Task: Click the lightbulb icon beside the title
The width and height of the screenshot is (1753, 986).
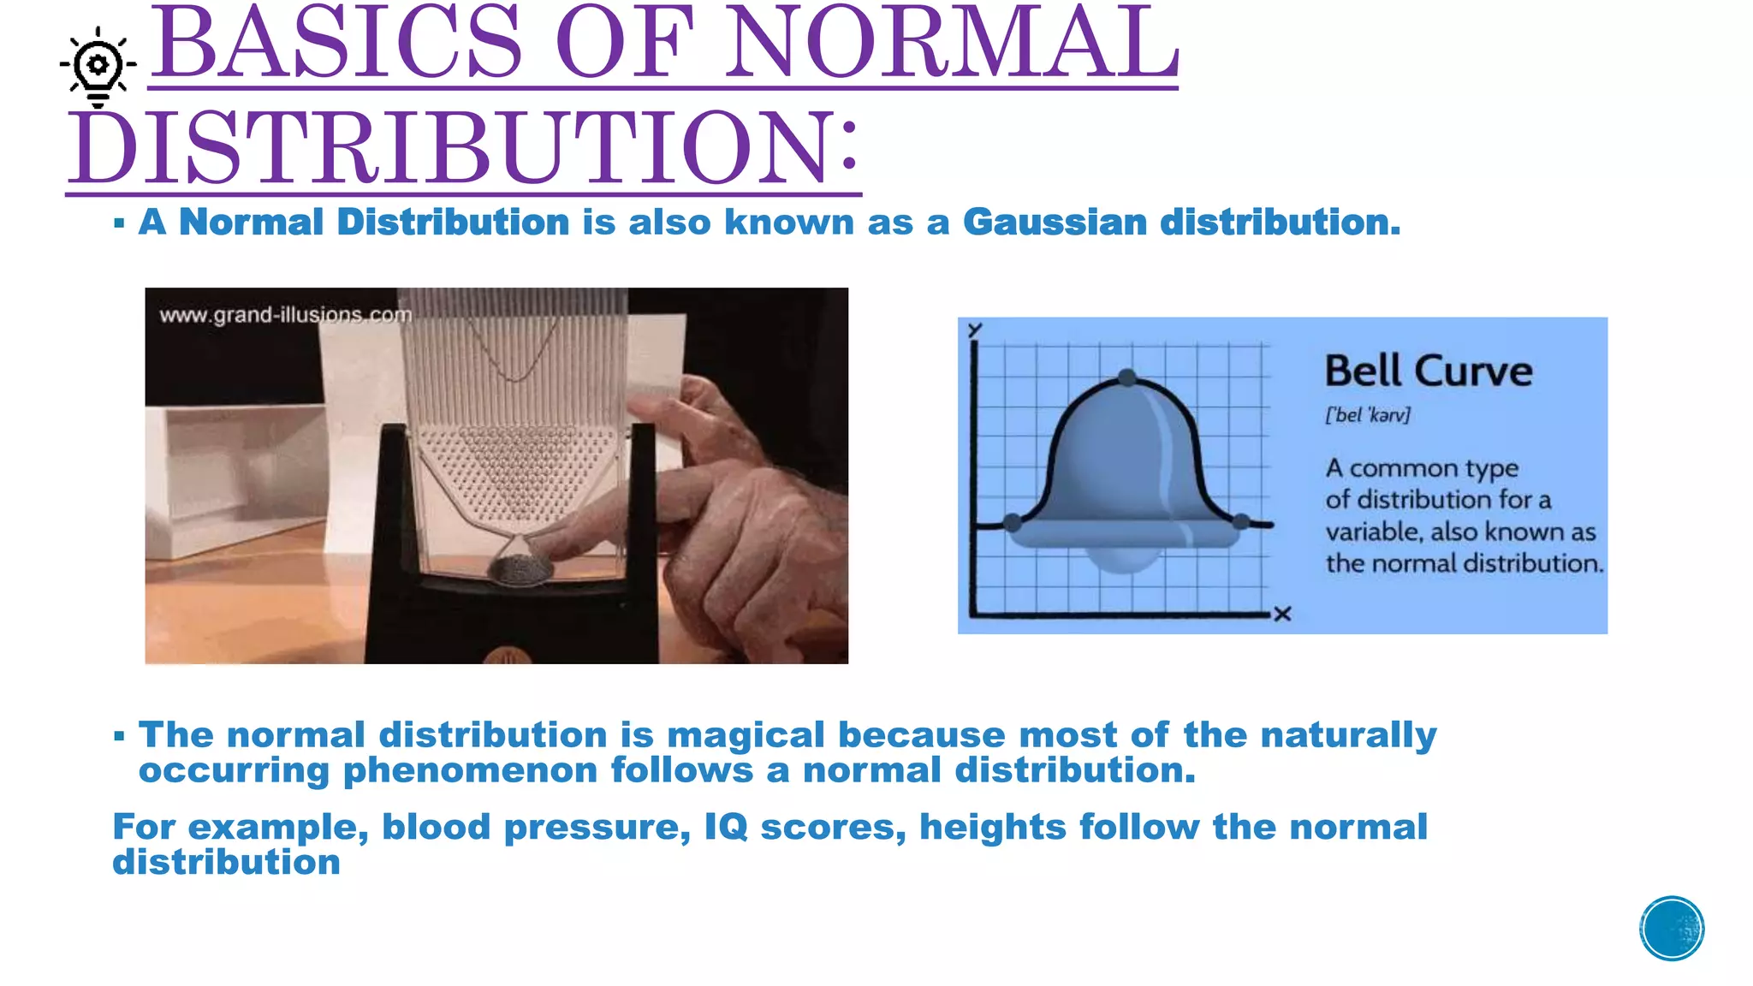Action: point(98,66)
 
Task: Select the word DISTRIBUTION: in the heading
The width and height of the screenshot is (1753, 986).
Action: point(463,147)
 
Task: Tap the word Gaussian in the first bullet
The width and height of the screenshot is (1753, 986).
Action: point(1055,223)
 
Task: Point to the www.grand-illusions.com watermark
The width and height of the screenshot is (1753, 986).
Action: point(285,315)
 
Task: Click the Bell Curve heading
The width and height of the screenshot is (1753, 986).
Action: point(1428,371)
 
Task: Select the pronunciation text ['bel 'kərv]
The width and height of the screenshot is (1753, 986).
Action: point(1367,415)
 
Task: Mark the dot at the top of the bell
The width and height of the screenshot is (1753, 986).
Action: point(1127,377)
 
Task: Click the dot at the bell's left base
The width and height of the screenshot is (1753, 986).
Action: point(1013,522)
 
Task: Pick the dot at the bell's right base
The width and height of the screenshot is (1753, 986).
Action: point(1241,521)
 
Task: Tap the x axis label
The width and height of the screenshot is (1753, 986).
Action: point(1281,614)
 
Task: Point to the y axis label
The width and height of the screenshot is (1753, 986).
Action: point(975,330)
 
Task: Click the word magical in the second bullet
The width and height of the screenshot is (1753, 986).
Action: point(746,735)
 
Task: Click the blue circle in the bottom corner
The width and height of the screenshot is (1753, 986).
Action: point(1671,929)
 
